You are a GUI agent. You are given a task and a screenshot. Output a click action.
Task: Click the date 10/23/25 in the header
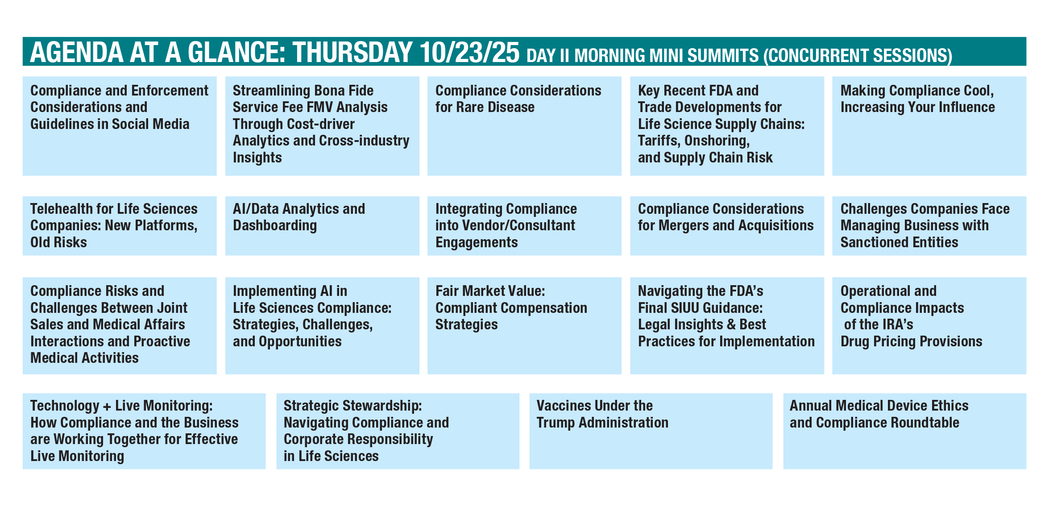click(x=469, y=52)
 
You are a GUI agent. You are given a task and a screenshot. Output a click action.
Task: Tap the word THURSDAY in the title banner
click(x=352, y=52)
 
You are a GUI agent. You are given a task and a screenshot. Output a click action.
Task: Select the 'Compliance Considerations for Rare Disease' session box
click(x=524, y=126)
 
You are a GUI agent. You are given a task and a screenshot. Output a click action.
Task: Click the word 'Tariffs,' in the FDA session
click(x=659, y=141)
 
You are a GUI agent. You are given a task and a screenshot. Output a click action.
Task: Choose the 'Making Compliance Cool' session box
click(x=929, y=126)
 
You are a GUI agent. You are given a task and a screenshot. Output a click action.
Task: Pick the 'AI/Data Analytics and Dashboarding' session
click(x=322, y=226)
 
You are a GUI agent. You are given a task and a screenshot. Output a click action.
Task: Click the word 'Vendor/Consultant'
click(x=519, y=225)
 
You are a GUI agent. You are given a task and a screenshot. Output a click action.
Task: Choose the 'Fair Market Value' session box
click(x=524, y=325)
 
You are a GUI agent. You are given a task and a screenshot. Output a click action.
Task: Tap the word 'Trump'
click(x=556, y=423)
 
